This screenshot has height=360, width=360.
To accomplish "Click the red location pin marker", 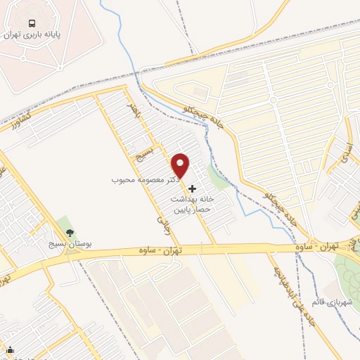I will [x=181, y=165].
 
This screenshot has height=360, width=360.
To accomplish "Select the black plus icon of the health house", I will [x=193, y=189].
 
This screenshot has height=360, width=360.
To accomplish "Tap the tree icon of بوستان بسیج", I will [x=69, y=233].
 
